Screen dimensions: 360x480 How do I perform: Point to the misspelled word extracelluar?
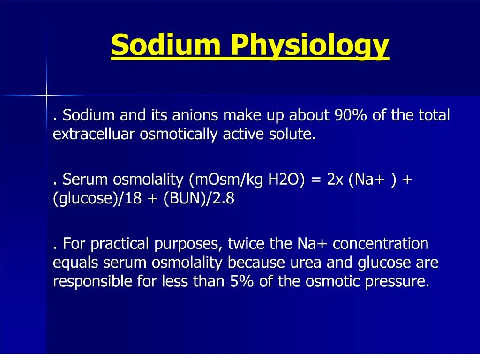click(x=94, y=135)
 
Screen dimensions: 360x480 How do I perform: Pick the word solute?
click(x=292, y=135)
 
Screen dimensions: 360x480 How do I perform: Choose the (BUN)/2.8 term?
click(x=199, y=199)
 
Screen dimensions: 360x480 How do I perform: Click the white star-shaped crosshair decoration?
click(x=46, y=95)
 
